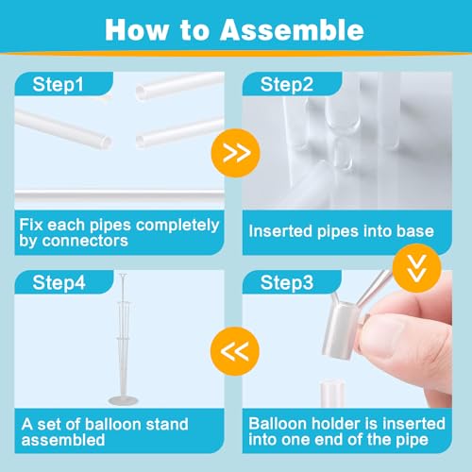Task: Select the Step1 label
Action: click(59, 85)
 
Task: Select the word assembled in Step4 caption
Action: click(60, 441)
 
